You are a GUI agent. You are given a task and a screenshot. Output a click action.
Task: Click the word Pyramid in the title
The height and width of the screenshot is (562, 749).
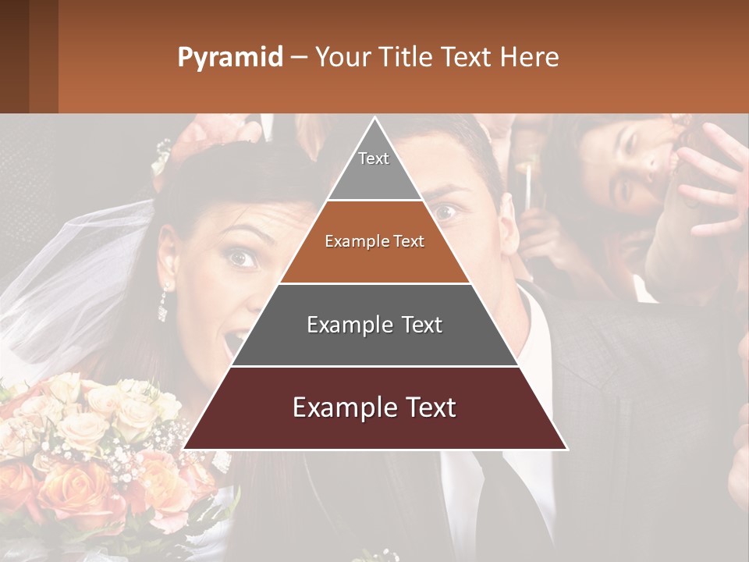click(x=229, y=58)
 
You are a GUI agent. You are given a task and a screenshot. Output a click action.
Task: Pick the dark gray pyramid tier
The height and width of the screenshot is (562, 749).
click(x=374, y=325)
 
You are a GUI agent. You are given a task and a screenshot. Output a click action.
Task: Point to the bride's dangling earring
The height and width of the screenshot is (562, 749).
click(x=164, y=304)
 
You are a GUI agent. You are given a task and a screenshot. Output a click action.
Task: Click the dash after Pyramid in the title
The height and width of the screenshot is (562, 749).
click(x=298, y=58)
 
